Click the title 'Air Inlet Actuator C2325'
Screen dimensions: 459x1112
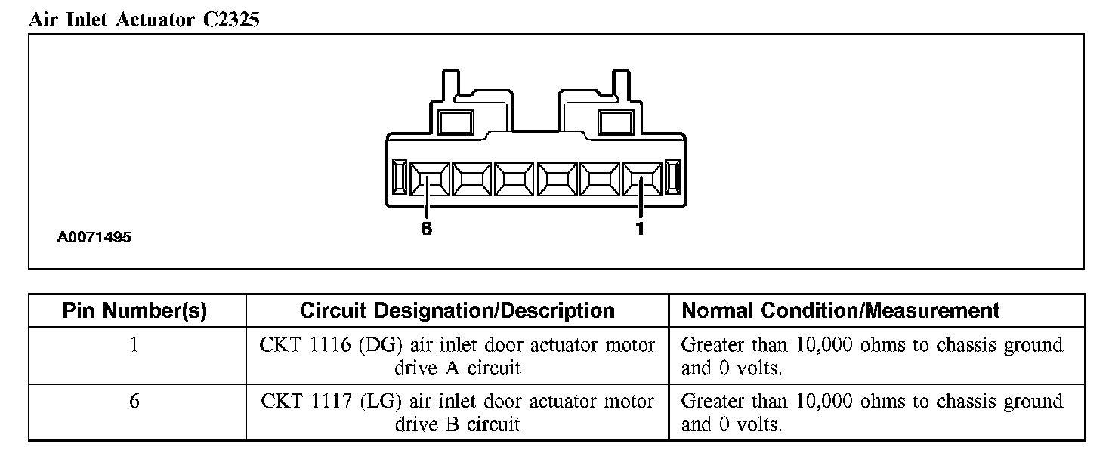pyautogui.click(x=144, y=20)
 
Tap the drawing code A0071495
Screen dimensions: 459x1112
pyautogui.click(x=94, y=238)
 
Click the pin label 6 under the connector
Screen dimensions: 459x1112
pyautogui.click(x=427, y=229)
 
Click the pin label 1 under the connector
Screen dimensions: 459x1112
pyautogui.click(x=640, y=229)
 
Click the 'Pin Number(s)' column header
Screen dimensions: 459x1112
pyautogui.click(x=134, y=310)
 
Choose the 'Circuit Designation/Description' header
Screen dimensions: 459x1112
pyautogui.click(x=457, y=310)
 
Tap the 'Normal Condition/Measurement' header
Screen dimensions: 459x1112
pyautogui.click(x=840, y=310)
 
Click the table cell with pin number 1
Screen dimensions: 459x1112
pyautogui.click(x=134, y=346)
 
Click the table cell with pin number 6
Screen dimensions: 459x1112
pyautogui.click(x=134, y=401)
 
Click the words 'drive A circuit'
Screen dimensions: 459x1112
pyautogui.click(x=457, y=368)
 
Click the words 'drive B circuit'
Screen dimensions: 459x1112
pyautogui.click(x=457, y=424)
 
